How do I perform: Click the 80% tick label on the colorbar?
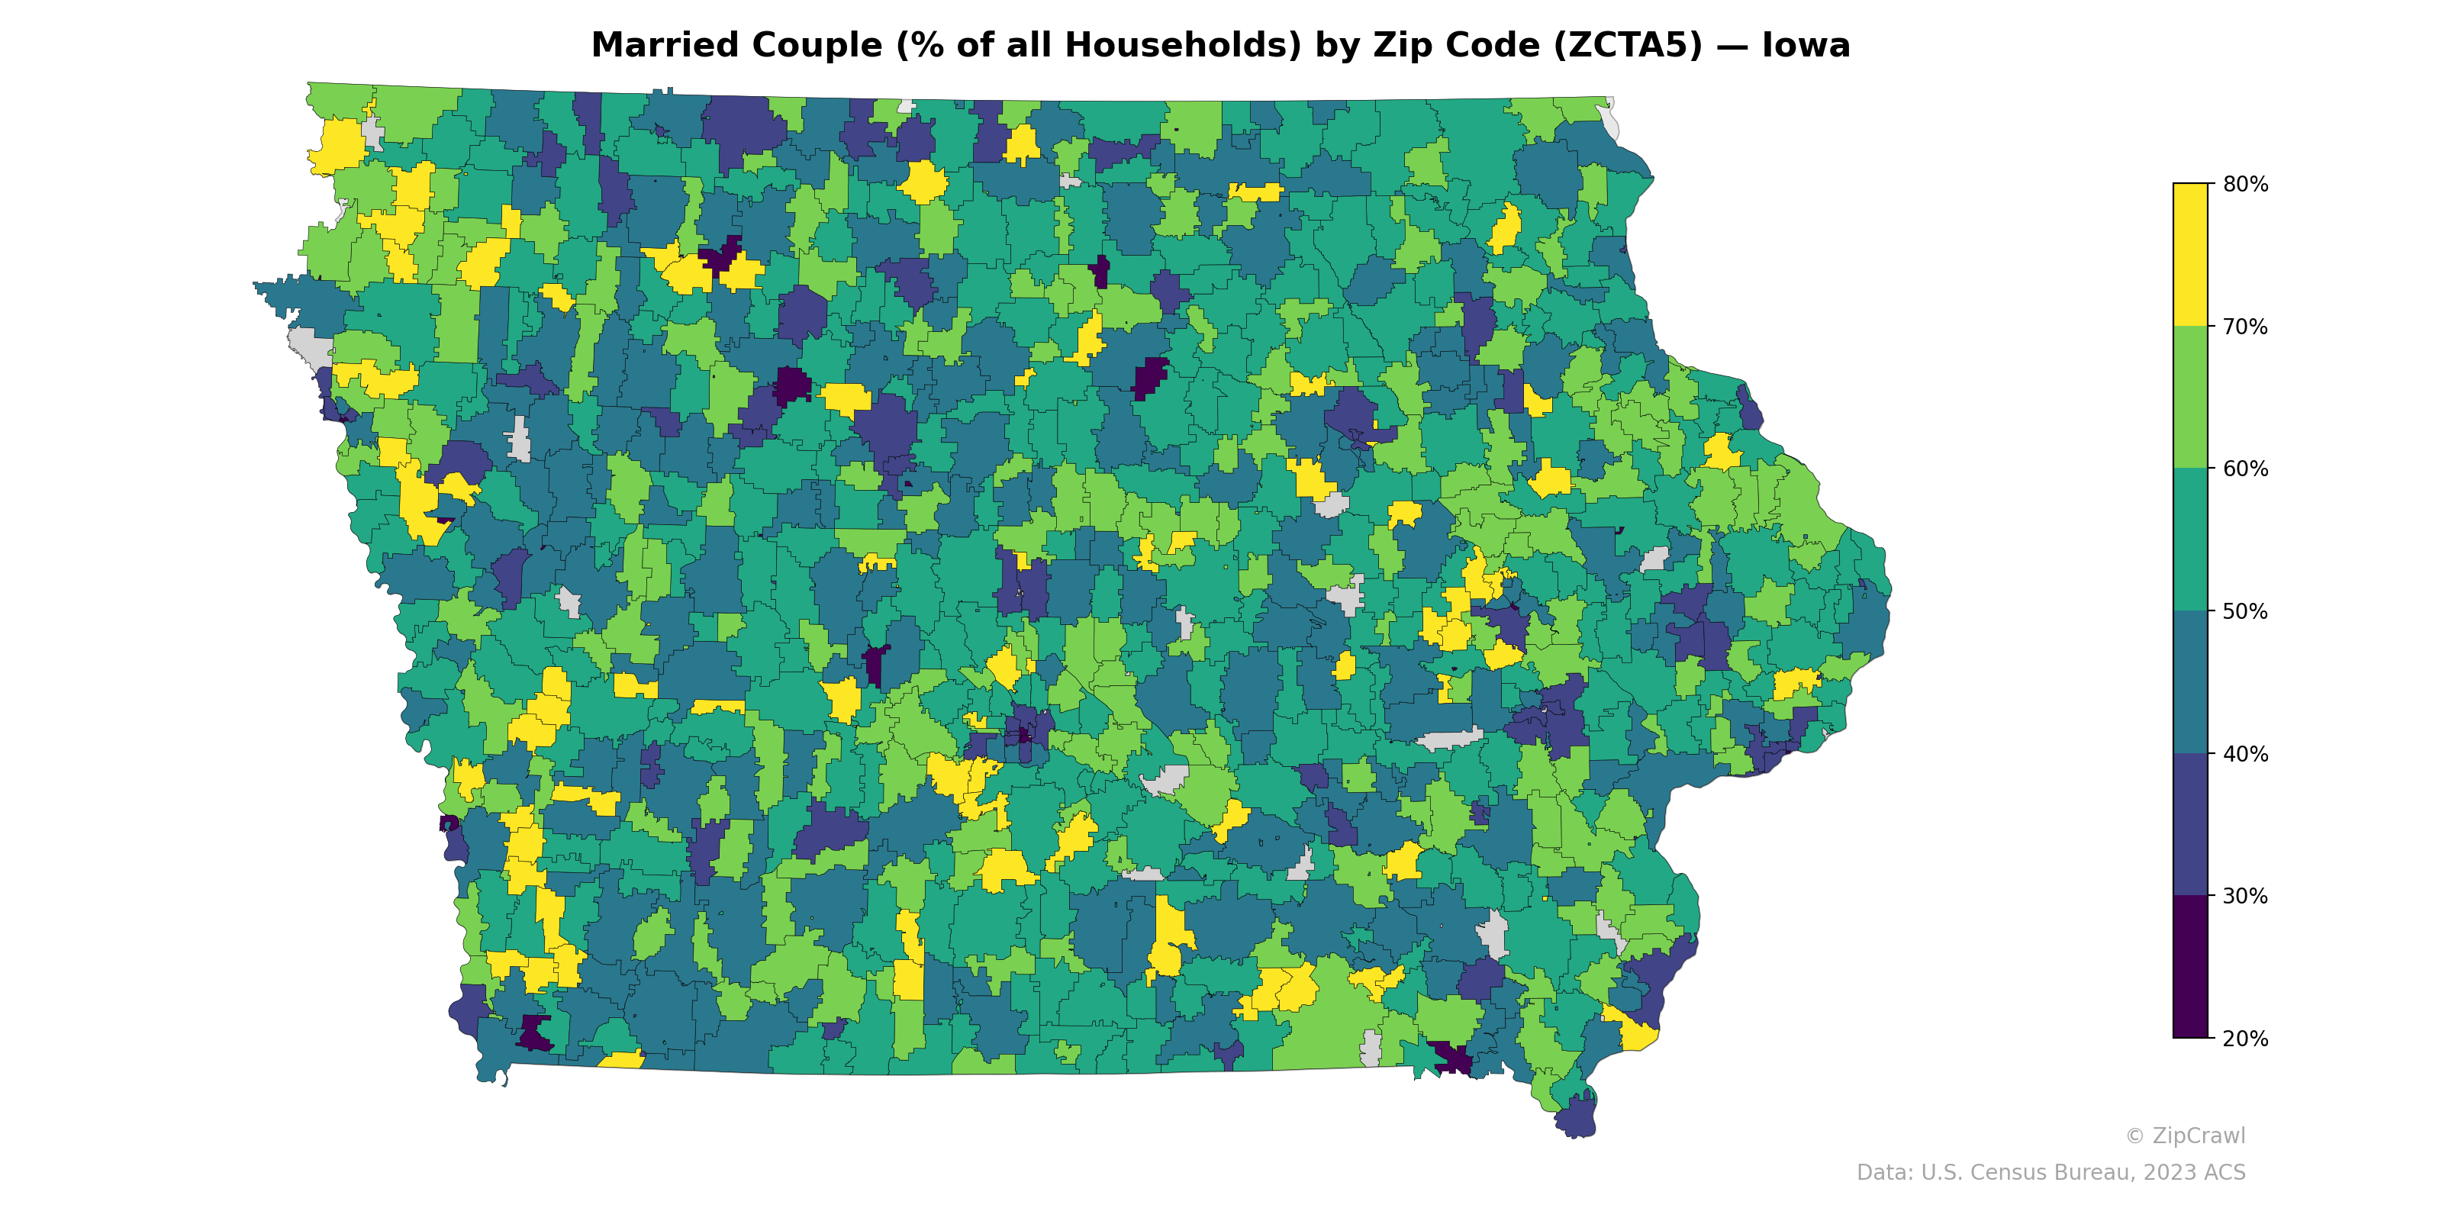(x=2245, y=184)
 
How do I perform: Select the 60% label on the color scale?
(x=2245, y=469)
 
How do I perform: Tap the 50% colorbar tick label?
(x=2245, y=611)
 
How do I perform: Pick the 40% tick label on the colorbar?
(x=2245, y=755)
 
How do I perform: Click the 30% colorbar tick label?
(x=2245, y=897)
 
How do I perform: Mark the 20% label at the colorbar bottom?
(x=2245, y=1039)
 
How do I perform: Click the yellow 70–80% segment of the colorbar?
(x=2190, y=255)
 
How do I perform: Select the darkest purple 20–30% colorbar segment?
(x=2190, y=967)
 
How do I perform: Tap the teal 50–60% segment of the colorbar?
(x=2190, y=540)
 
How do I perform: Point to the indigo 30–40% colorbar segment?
(x=2190, y=825)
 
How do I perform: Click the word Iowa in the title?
(x=1806, y=46)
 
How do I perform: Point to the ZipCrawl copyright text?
(x=2185, y=1136)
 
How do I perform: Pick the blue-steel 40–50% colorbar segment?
(x=2190, y=682)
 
